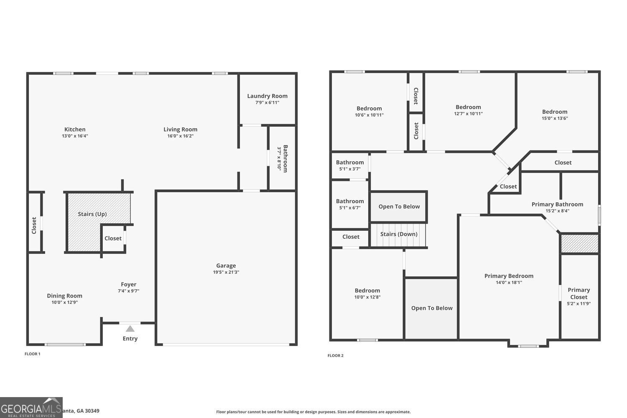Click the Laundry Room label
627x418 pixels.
tap(267, 96)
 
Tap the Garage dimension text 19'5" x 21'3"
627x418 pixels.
tap(226, 272)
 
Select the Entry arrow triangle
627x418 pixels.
tap(130, 329)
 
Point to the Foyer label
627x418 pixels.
tap(129, 284)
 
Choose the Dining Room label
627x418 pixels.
tap(64, 296)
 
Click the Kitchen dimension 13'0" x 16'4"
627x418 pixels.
tap(75, 136)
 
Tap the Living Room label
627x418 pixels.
tap(180, 130)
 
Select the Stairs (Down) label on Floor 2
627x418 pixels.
tap(399, 234)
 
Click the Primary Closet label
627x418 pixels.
tap(579, 293)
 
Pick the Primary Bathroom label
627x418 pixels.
tap(557, 204)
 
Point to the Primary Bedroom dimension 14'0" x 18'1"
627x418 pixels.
tap(509, 282)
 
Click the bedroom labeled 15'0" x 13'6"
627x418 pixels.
tap(555, 115)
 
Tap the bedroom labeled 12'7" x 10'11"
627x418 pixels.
tap(468, 110)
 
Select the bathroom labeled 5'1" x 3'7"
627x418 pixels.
tap(350, 166)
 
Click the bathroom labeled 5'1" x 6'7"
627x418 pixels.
tap(350, 204)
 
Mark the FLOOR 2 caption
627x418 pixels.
tap(335, 356)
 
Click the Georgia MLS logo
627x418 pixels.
tap(31, 408)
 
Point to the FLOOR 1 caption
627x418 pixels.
tap(32, 354)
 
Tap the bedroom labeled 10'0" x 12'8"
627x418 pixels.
tap(367, 293)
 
